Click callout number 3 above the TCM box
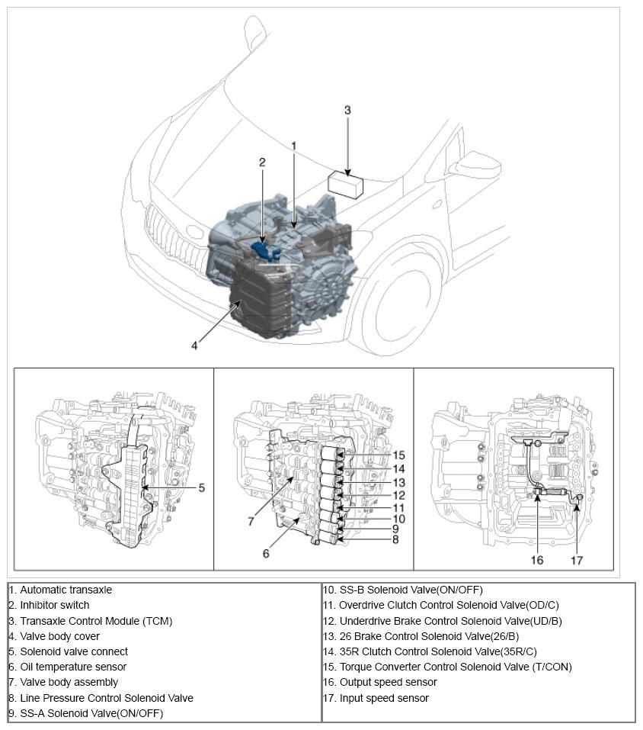pos(347,110)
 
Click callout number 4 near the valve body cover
pos(195,345)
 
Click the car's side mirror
pos(475,165)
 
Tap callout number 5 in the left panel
pos(201,487)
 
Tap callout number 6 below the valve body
pos(266,553)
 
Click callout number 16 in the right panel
pos(537,559)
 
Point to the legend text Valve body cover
pos(59,636)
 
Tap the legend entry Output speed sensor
pos(388,682)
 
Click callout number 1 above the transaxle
pos(293,145)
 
